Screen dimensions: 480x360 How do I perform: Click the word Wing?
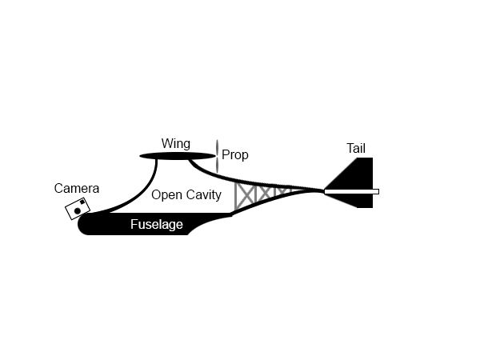[x=176, y=144]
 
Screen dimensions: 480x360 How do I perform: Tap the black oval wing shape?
[x=178, y=156]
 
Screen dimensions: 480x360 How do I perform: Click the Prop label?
[x=234, y=155]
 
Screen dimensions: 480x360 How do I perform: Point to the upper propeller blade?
[x=218, y=147]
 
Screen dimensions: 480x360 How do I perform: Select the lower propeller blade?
[x=218, y=165]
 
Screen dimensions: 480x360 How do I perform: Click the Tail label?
[x=356, y=149]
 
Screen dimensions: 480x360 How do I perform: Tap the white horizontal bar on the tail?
[x=351, y=192]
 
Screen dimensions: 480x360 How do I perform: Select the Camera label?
[x=77, y=189]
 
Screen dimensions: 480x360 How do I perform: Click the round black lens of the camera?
[x=78, y=211]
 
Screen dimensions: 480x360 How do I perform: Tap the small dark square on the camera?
[x=82, y=202]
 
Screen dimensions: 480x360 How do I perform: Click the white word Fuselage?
[x=157, y=224]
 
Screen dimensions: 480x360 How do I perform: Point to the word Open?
[x=166, y=195]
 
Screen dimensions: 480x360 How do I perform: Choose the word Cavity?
[x=204, y=195]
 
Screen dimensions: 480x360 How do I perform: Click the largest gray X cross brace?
[x=245, y=196]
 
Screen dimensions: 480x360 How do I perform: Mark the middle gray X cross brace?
[x=266, y=193]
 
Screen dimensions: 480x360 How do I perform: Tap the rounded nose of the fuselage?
[x=82, y=224]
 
